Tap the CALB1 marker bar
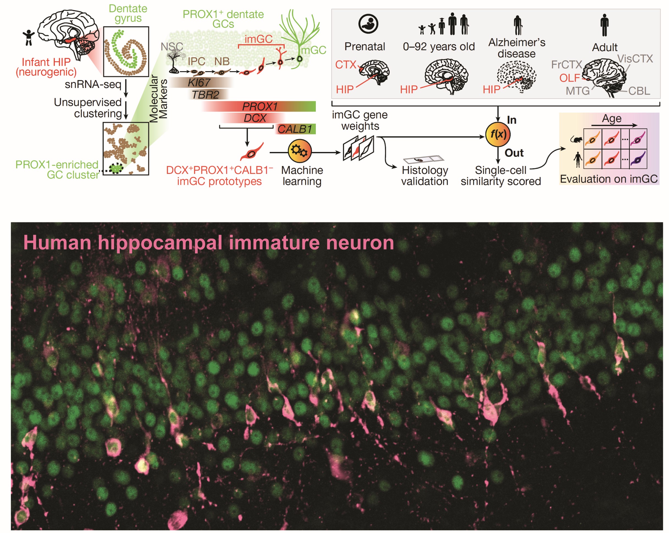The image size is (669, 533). tap(294, 129)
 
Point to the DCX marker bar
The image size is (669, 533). tap(255, 118)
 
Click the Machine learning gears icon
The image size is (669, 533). tap(299, 151)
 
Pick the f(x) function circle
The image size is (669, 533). tap(498, 134)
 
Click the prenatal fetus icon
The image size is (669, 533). tap(368, 24)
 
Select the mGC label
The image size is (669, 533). tap(313, 50)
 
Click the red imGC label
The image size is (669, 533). tap(258, 39)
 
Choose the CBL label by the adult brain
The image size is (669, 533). tap(639, 91)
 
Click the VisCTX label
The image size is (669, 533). tap(635, 59)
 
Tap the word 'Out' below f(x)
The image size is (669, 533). tap(514, 153)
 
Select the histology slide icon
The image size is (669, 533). tap(424, 159)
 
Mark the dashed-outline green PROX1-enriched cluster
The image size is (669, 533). tap(116, 168)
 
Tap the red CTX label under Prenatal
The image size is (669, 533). tap(345, 65)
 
